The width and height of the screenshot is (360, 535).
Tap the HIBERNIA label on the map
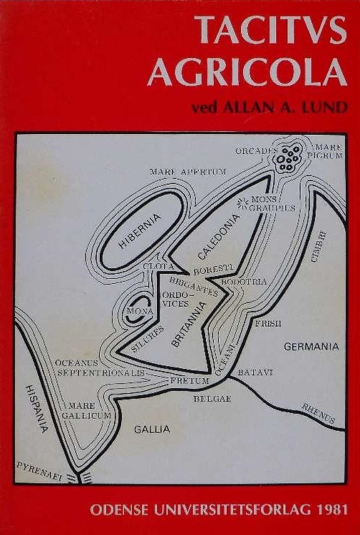(x=140, y=230)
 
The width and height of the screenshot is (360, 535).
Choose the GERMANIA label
(x=311, y=347)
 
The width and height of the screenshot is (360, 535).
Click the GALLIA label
(x=152, y=429)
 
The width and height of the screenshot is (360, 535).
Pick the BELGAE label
(x=212, y=398)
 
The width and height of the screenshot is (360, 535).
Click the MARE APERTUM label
(x=187, y=172)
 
